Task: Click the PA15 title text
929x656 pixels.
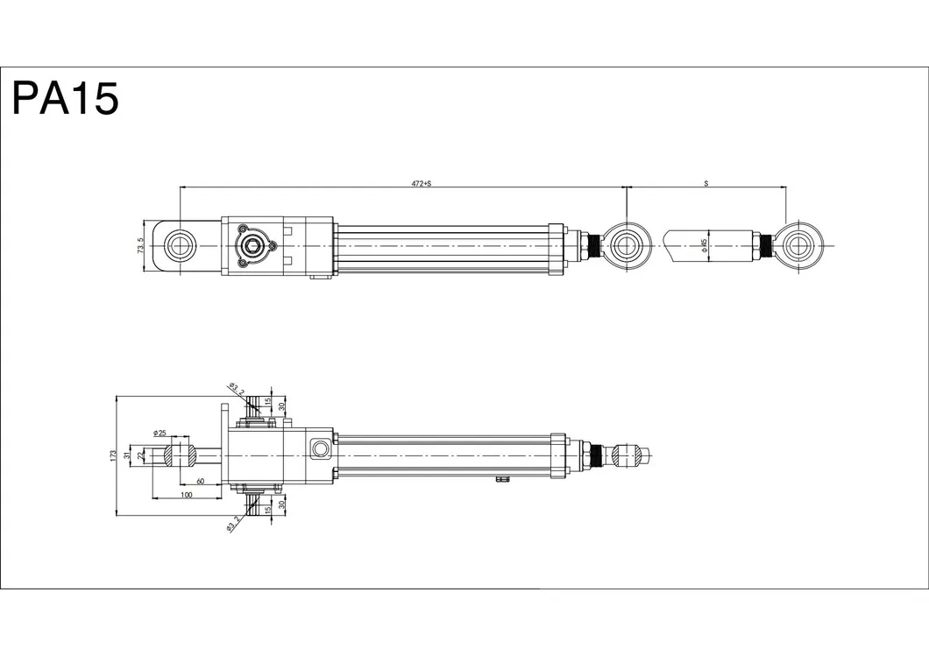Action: click(66, 98)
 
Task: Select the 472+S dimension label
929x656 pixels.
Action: click(422, 184)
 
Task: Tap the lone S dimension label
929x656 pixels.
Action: click(706, 184)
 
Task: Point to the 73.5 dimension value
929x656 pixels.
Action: click(140, 246)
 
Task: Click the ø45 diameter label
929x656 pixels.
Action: click(704, 245)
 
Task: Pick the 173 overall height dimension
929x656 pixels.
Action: click(112, 455)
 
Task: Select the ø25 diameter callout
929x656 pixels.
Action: click(160, 434)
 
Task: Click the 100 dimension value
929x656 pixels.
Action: click(186, 495)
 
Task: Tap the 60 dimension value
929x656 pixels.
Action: click(200, 482)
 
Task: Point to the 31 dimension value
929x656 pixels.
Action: click(126, 455)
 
